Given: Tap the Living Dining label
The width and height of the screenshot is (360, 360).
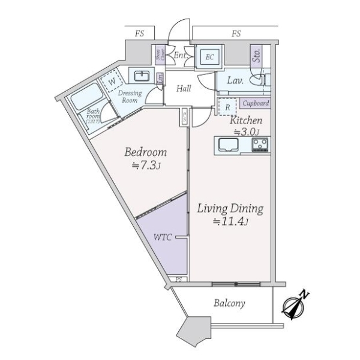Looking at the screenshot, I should [x=230, y=209].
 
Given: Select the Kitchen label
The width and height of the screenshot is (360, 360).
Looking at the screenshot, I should [x=246, y=121].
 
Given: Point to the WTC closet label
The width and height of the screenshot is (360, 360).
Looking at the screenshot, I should [x=163, y=238].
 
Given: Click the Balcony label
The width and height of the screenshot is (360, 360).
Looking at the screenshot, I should [x=230, y=303].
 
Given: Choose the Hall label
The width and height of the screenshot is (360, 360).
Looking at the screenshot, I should [x=184, y=89].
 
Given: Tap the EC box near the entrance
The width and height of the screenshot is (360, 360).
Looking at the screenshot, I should [x=210, y=58].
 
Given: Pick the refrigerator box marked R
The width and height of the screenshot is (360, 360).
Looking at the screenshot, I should [x=227, y=106].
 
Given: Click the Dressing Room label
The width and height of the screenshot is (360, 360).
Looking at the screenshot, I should [x=130, y=97].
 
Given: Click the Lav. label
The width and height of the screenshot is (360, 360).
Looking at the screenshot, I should [x=234, y=79].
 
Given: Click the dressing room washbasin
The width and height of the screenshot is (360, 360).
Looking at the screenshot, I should [x=142, y=76].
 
